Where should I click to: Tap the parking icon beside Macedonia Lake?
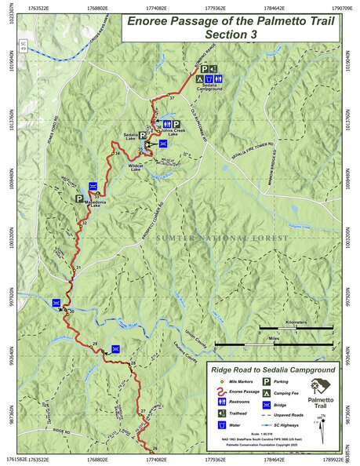(79, 199)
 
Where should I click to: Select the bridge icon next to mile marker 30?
(56, 303)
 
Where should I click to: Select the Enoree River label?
(125, 323)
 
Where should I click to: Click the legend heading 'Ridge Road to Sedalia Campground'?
(272, 368)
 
